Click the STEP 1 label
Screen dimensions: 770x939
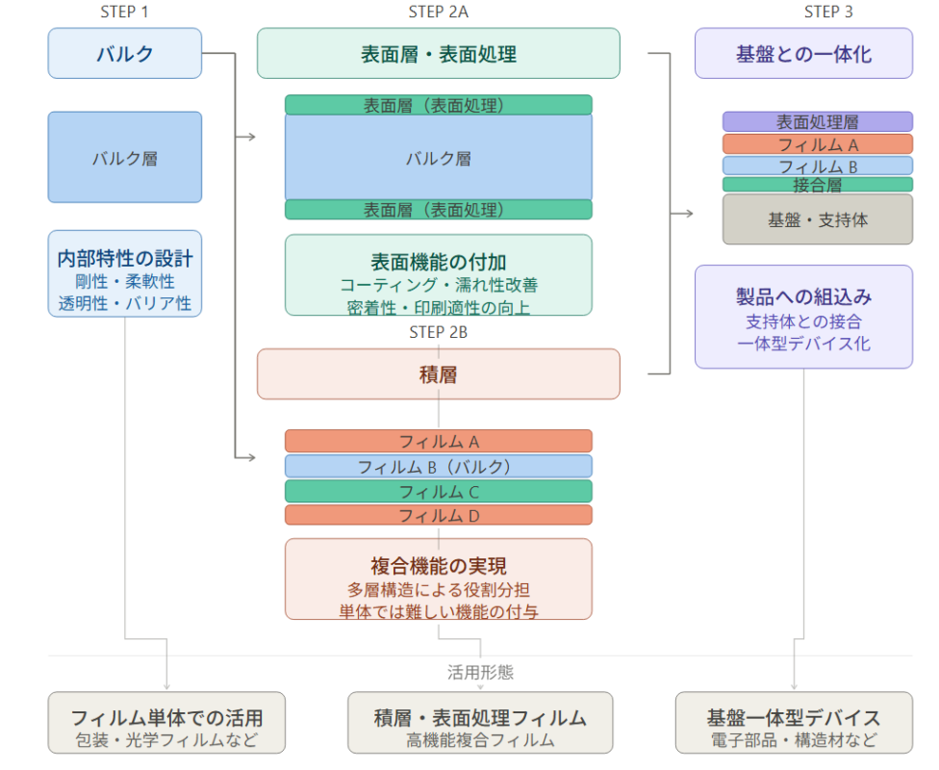(x=125, y=12)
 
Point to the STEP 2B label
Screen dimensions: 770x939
(x=439, y=333)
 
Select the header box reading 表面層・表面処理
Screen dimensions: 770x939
(x=439, y=54)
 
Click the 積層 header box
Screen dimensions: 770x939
(x=439, y=374)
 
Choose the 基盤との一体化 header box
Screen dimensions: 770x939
(x=803, y=54)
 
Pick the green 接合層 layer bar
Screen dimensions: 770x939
(x=818, y=185)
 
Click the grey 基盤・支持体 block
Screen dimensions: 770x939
(x=818, y=219)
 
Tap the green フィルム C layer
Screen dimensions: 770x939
(x=439, y=492)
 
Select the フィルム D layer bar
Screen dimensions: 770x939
(x=439, y=516)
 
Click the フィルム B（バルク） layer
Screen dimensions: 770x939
(x=439, y=467)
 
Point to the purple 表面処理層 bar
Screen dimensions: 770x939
(x=818, y=122)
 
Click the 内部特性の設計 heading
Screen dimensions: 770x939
(x=125, y=259)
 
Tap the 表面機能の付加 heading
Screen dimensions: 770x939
(x=439, y=262)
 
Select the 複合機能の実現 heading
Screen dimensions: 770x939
(x=439, y=566)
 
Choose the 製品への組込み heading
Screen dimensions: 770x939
(x=803, y=296)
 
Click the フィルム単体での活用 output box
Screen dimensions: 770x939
(x=166, y=718)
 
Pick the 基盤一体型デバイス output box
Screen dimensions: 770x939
(x=794, y=718)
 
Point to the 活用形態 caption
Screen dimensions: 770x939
(x=480, y=673)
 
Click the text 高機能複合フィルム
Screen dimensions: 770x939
(x=480, y=741)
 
